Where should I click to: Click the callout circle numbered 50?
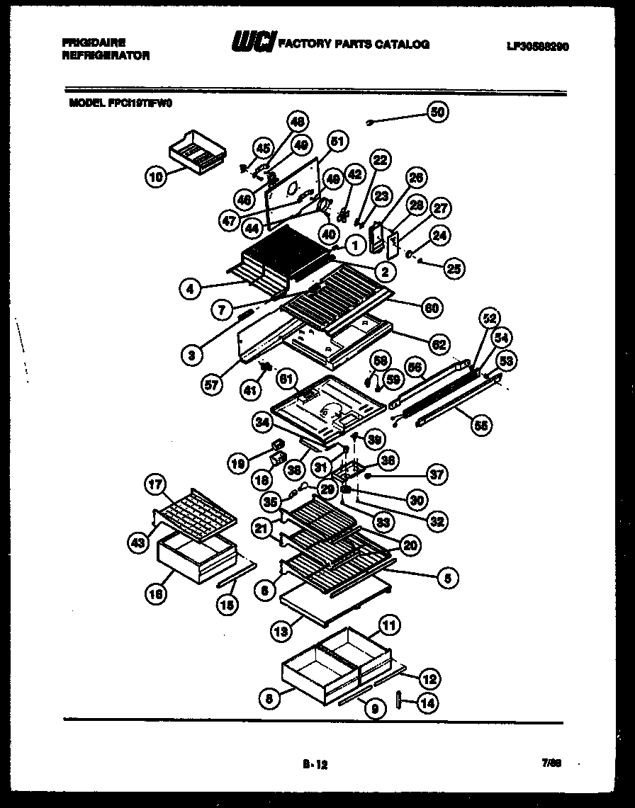pos(438,112)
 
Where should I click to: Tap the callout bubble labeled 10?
pos(156,178)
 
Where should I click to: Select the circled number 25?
pos(455,268)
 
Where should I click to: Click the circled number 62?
pos(439,345)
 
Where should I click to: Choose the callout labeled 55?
pos(481,426)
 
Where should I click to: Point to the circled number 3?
pos(191,355)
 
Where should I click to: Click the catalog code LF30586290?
pos(538,47)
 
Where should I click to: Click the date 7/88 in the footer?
pos(552,762)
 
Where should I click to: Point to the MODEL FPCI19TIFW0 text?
pos(120,102)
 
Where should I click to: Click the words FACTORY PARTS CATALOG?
pos(354,44)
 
